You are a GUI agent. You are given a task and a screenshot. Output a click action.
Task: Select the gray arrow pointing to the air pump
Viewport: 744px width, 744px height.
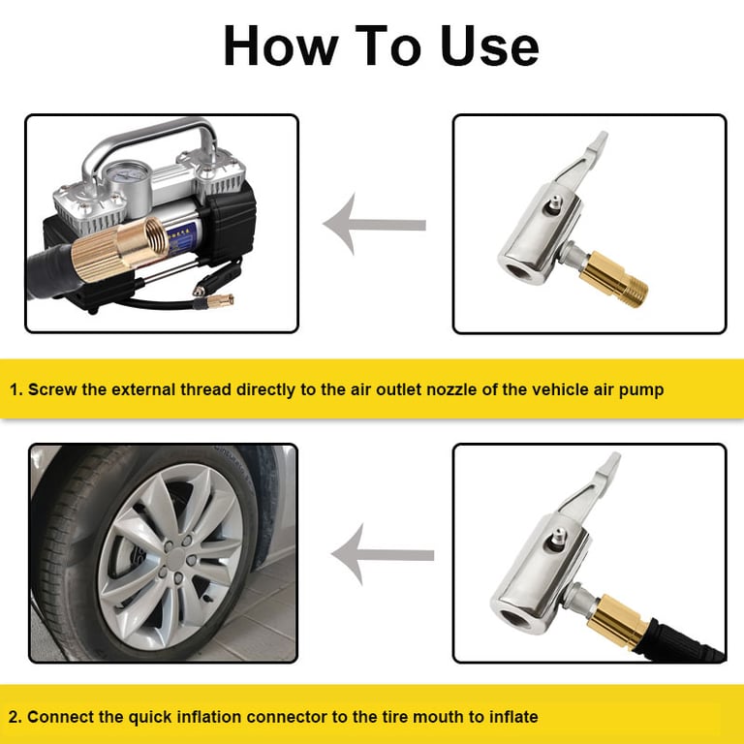coord(374,225)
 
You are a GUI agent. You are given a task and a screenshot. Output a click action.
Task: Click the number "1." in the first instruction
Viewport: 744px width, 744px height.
coord(16,390)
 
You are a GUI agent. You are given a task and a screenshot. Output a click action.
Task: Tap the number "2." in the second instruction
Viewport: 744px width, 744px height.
coord(15,717)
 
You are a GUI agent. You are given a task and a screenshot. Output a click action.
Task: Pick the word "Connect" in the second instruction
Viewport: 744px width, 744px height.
coord(61,717)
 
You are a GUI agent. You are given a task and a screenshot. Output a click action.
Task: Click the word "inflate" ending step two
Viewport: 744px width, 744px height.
coord(512,717)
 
